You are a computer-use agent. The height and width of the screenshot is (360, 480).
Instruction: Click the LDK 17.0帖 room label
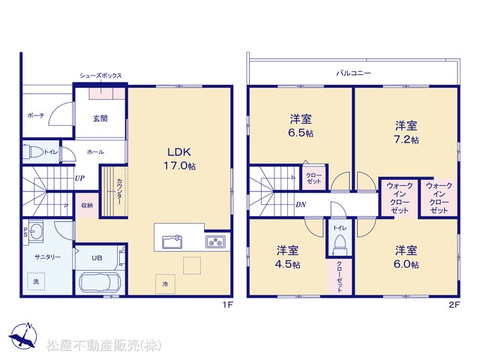pos(179,159)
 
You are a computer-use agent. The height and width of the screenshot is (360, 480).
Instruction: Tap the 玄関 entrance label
pos(100,118)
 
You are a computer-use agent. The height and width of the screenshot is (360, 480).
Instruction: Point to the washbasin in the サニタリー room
pos(36,232)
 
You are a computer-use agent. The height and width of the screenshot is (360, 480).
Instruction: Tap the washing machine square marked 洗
pos(36,281)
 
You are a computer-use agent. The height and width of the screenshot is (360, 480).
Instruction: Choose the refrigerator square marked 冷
pos(165,283)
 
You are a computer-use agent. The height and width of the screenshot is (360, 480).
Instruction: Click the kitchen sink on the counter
pos(172,241)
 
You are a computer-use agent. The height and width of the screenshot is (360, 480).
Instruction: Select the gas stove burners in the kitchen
pos(215,241)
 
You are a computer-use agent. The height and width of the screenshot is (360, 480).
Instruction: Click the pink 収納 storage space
pos(87,205)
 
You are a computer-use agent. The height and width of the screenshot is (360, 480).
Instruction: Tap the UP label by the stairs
pos(79,178)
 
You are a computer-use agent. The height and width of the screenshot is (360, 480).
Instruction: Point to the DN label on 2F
pos(301,205)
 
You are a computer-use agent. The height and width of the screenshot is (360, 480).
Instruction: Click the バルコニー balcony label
pos(353,73)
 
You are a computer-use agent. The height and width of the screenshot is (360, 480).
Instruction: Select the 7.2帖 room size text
pos(406,139)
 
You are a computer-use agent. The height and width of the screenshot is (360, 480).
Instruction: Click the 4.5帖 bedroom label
pos(288,257)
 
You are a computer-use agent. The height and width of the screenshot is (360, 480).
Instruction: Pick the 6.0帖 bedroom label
pos(406,257)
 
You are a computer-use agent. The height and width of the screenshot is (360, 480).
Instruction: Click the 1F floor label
pos(228,305)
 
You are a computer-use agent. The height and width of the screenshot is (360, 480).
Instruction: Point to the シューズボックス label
pos(100,76)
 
